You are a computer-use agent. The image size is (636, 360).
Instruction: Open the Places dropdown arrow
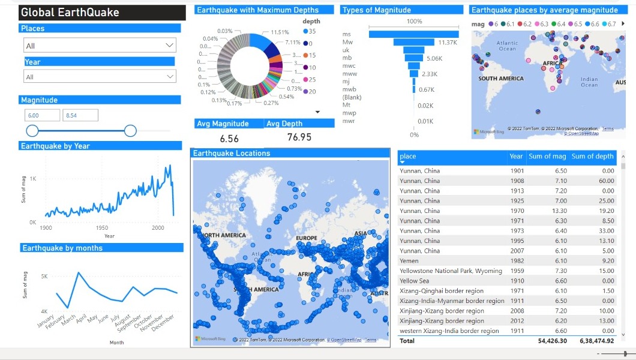point(169,46)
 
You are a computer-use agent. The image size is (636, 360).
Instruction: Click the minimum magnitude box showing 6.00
point(42,115)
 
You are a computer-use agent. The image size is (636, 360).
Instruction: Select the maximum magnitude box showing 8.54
point(80,115)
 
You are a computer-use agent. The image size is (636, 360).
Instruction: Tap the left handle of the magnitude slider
point(32,131)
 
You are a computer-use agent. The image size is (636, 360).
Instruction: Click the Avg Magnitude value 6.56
point(229,139)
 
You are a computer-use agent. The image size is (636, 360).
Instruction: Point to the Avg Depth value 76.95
point(299,137)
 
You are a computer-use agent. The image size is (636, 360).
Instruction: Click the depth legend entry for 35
point(309,31)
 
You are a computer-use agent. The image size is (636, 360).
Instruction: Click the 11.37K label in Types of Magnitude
point(448,43)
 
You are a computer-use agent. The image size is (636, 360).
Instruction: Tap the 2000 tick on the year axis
point(158,229)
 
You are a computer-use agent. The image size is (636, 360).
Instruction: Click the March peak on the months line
point(79,274)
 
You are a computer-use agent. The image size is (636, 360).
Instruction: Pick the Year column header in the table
point(516,157)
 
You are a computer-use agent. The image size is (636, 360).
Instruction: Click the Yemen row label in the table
point(410,261)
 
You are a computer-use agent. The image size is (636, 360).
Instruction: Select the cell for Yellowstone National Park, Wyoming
point(451,271)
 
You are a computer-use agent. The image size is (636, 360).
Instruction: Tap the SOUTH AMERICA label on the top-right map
point(500,79)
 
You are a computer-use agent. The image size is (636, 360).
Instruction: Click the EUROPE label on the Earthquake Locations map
point(307,238)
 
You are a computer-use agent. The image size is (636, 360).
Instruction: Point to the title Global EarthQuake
point(70,13)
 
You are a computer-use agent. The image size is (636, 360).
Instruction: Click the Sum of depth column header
point(592,157)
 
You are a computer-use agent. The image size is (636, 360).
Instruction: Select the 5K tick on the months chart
point(44,277)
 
